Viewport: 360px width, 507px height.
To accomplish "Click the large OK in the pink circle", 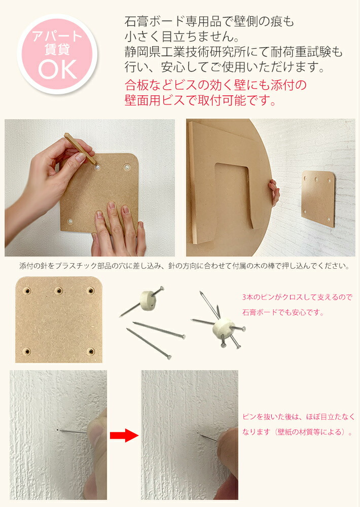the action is coord(58,69).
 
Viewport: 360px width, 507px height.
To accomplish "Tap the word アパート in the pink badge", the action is coord(57,36).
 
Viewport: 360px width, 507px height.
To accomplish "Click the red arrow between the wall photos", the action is coord(124,435).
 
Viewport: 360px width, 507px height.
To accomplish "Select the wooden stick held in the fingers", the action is coord(80,149).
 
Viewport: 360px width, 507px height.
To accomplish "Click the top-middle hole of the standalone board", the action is coord(58,291).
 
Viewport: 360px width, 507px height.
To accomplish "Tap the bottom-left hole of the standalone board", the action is coord(27,351).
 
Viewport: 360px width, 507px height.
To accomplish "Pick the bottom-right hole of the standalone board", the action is coord(91,351).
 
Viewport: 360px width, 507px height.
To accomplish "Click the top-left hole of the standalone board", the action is coord(27,291).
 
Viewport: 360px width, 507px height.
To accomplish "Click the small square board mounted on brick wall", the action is coord(318,199).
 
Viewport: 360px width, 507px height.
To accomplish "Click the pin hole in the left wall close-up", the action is coord(58,430).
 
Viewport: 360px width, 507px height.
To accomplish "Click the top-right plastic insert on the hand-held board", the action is coord(127,167).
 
